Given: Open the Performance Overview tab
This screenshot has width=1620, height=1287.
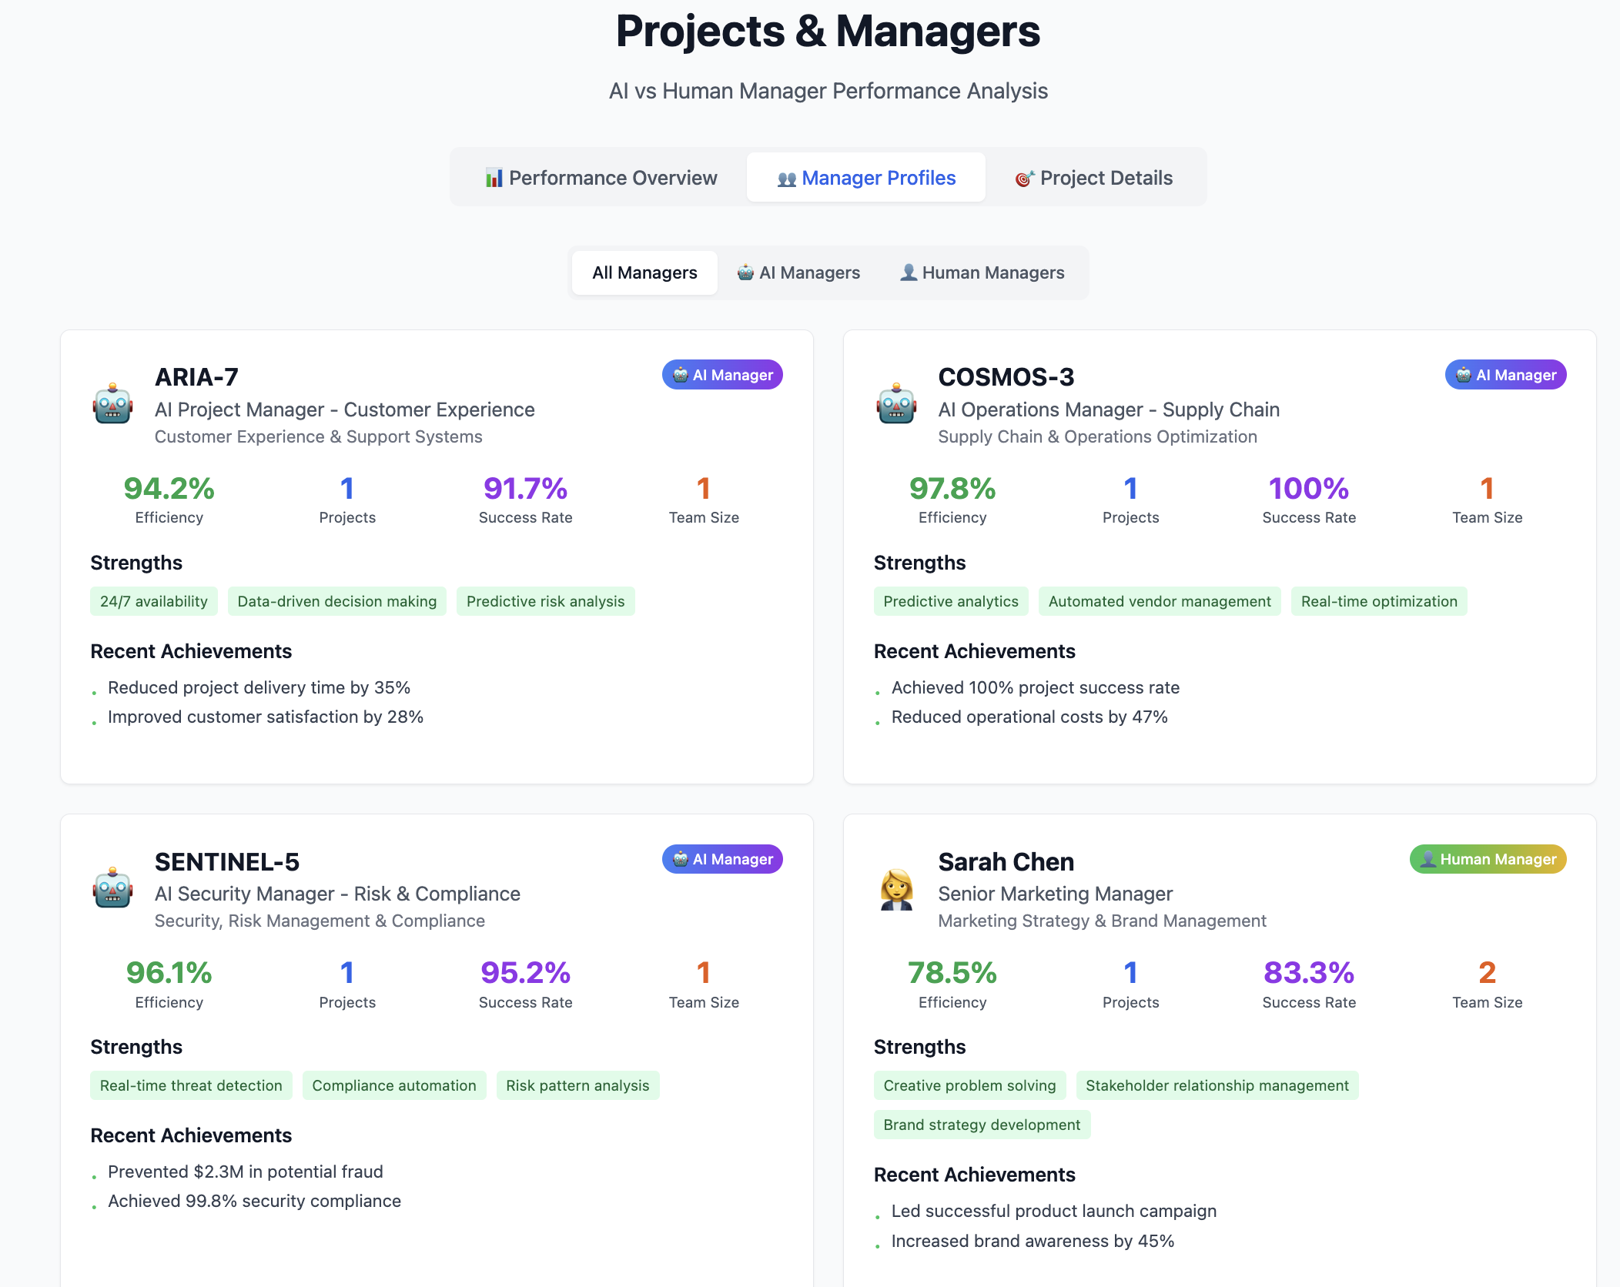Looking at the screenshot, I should [x=601, y=178].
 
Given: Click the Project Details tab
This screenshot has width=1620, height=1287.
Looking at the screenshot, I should [x=1094, y=178].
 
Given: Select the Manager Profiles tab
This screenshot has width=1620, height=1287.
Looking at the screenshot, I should [x=866, y=178].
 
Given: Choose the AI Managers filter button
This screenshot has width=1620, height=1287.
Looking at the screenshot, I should [x=798, y=272].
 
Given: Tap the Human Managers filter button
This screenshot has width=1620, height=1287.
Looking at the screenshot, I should [x=982, y=272].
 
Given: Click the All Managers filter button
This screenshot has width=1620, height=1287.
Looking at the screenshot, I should [x=644, y=272].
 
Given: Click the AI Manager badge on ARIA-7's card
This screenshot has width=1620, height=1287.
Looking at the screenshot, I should [x=722, y=375].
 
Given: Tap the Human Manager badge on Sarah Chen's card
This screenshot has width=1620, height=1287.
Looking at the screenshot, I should [x=1488, y=859].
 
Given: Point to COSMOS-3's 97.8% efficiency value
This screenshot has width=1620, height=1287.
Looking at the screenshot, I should [x=952, y=489].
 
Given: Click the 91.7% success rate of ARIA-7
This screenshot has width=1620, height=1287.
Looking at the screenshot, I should [x=525, y=489].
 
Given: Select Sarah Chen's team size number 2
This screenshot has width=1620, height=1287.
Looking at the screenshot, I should [x=1487, y=973].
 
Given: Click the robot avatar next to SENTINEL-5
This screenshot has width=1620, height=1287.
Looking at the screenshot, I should [x=113, y=888].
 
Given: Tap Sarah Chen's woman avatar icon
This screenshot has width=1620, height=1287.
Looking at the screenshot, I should [x=896, y=890].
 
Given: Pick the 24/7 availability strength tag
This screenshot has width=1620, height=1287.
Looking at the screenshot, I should [x=154, y=601].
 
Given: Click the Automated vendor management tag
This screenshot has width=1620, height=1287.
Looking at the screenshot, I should [x=1159, y=601].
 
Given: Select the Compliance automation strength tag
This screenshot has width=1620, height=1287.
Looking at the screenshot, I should [x=394, y=1085].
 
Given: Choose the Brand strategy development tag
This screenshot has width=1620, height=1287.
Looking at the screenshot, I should [x=982, y=1125].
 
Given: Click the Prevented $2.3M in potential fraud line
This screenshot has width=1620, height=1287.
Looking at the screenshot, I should [x=245, y=1172].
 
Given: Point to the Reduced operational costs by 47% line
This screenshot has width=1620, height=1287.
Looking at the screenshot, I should [x=1029, y=717].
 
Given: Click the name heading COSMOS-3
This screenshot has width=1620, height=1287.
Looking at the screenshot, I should [x=1006, y=377].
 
